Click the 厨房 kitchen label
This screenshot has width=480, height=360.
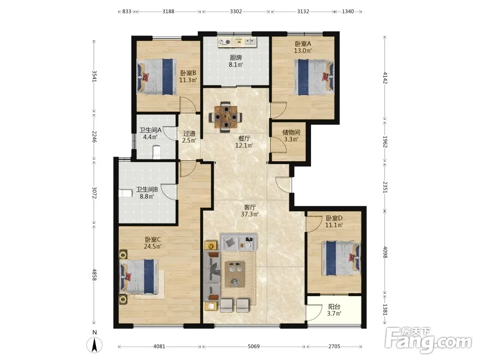pos(236,58)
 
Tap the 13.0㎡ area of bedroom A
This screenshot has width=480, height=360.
pos(303,51)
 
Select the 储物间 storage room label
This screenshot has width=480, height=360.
pos(291,132)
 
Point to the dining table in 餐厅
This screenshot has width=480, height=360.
pos(226,117)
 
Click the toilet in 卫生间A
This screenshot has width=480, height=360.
pos(156,152)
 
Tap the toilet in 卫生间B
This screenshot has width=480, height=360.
pos(125,193)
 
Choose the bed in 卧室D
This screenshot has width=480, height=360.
pos(341,258)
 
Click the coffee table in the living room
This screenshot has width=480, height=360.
pos(235,274)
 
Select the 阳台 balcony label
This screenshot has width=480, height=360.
pos(334,306)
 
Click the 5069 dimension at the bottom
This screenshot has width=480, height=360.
pos(253,347)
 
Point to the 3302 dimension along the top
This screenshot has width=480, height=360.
pos(236,12)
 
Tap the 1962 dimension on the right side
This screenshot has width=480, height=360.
pos(385,142)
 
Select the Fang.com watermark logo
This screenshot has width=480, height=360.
pos(429,340)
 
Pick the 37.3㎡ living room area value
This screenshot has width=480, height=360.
pos(250,214)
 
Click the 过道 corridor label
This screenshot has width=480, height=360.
pos(189,134)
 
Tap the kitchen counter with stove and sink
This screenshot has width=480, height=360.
pos(237,42)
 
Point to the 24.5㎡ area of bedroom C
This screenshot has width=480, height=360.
pos(153,246)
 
